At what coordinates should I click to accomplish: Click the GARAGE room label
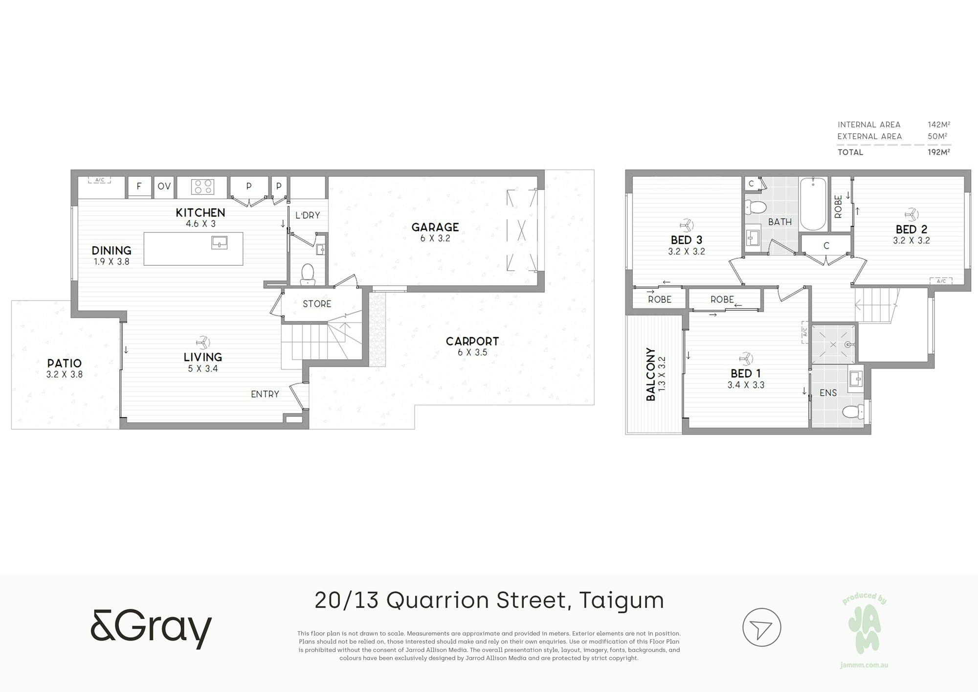(435, 227)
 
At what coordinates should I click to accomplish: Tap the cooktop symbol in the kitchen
(203, 187)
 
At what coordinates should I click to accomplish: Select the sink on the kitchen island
(220, 242)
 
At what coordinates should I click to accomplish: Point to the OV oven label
(164, 186)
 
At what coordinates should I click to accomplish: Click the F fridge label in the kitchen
(139, 186)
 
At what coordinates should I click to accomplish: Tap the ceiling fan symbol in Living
(202, 342)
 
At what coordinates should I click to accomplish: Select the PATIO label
(65, 363)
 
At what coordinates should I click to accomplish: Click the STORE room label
(317, 304)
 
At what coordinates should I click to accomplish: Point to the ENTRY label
(265, 394)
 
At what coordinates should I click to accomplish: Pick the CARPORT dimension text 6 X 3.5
(472, 352)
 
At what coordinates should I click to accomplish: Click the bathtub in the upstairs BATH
(813, 204)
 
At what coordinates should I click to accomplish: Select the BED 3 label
(687, 240)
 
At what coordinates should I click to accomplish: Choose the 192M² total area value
(939, 152)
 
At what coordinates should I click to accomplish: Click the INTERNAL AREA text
(869, 125)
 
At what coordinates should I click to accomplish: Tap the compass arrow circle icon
(761, 627)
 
